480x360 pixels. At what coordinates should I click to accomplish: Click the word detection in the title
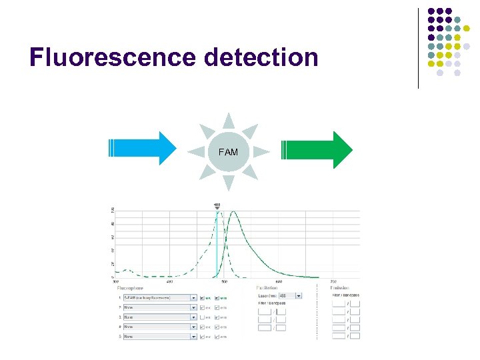tap(262, 57)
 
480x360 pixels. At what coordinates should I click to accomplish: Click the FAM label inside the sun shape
tap(228, 153)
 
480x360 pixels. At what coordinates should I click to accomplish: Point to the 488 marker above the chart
tap(217, 205)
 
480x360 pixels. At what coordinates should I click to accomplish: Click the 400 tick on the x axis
tap(169, 281)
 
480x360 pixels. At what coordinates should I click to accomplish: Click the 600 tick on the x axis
tap(279, 281)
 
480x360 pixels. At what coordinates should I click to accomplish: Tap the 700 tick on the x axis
tap(333, 281)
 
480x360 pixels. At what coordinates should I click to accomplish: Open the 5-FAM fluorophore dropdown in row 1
tap(160, 297)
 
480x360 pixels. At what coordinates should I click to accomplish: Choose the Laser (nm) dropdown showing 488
tap(290, 295)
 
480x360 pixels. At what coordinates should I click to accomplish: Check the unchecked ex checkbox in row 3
tap(203, 317)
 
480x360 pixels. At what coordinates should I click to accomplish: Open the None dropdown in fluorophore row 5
tap(160, 337)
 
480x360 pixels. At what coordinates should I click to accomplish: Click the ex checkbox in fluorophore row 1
tap(203, 297)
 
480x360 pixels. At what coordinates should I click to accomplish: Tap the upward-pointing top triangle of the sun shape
tap(229, 121)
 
